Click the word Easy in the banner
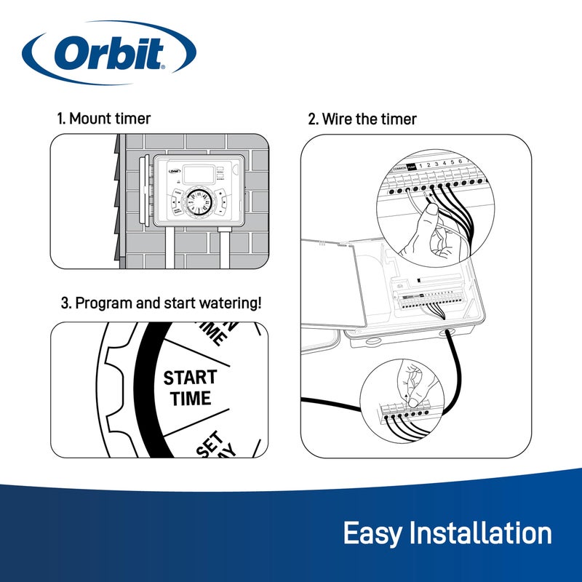(x=372, y=533)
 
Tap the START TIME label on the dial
(x=189, y=388)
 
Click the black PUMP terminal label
(x=411, y=167)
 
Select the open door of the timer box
(x=335, y=284)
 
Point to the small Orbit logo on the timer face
(x=174, y=172)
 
